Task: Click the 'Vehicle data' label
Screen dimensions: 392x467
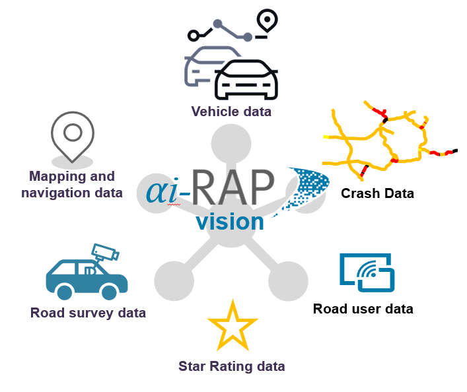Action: point(231,112)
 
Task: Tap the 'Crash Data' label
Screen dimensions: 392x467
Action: point(377,193)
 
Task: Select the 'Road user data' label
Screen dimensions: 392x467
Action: point(363,308)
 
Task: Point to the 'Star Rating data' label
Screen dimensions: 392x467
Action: point(231,366)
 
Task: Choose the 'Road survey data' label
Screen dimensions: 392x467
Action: point(88,312)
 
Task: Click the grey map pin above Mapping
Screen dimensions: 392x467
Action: point(72,135)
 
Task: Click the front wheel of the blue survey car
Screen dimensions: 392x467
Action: point(64,290)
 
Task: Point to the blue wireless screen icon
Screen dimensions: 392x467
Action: point(367,272)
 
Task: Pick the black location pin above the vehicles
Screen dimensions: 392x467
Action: point(267,22)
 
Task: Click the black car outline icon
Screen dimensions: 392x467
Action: point(246,80)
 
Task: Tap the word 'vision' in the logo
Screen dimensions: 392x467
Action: point(229,222)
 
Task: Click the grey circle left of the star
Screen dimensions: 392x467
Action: point(174,280)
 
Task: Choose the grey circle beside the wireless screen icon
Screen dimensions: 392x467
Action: point(289,280)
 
